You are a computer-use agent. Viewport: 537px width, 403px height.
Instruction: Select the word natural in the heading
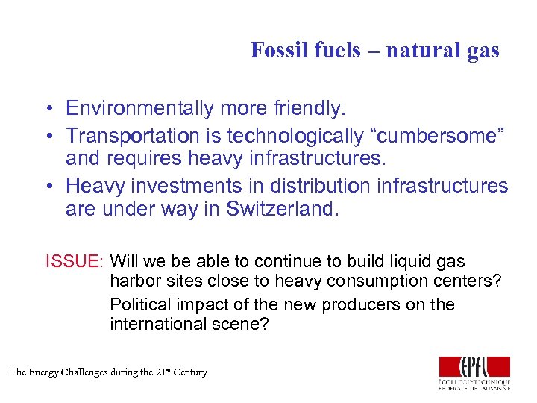coord(414,50)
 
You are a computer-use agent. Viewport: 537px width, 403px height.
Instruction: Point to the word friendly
coord(309,109)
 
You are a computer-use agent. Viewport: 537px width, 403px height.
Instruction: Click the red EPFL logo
coord(474,366)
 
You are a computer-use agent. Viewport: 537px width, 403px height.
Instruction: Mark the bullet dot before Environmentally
coord(47,110)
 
